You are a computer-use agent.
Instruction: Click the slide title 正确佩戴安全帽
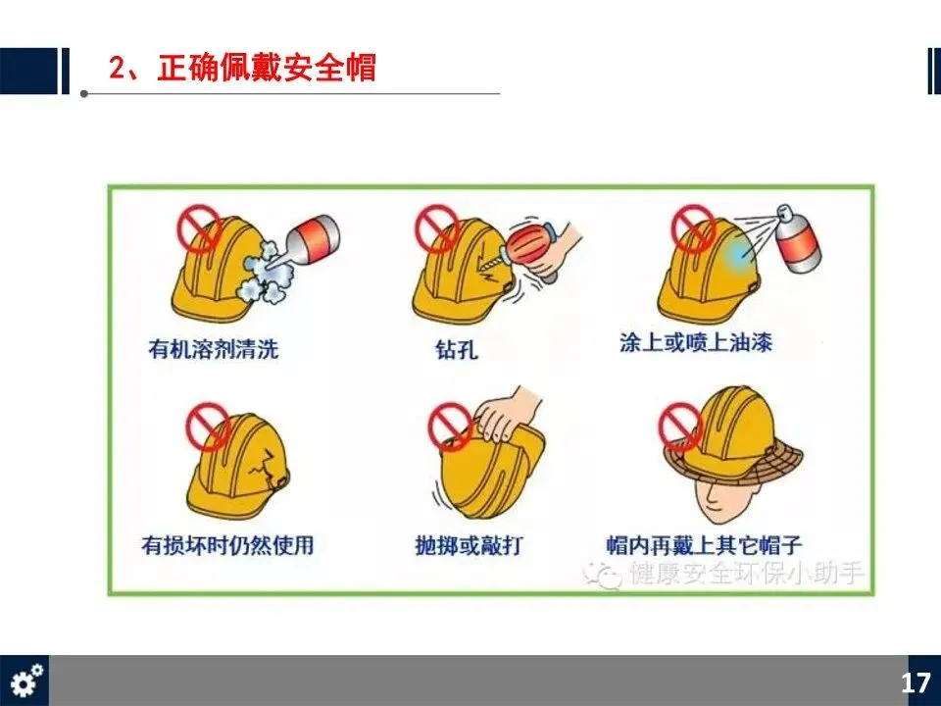click(267, 68)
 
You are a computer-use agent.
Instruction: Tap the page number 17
click(916, 683)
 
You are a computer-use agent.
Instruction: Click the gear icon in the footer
click(26, 681)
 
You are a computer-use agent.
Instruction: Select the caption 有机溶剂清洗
click(214, 349)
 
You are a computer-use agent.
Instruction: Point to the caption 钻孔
click(457, 349)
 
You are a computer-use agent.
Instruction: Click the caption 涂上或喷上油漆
click(696, 342)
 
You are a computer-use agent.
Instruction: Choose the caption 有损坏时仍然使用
click(227, 545)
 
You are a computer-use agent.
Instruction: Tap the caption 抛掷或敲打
click(469, 545)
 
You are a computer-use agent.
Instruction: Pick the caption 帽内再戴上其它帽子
click(704, 545)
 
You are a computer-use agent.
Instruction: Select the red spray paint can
click(800, 239)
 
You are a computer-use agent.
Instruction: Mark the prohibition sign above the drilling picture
click(438, 228)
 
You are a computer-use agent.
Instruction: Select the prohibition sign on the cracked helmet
click(208, 427)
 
